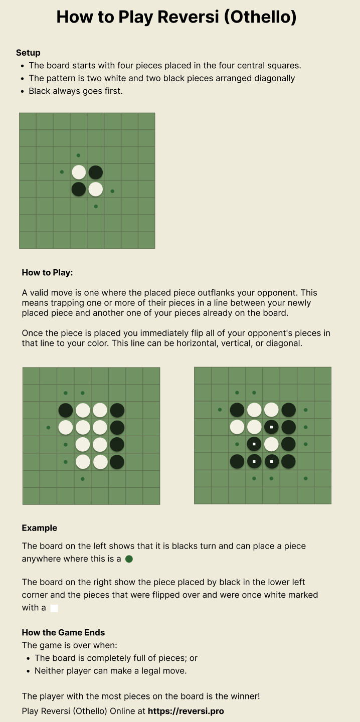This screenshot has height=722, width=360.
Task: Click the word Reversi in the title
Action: click(x=188, y=17)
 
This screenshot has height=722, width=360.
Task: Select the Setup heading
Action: click(x=28, y=53)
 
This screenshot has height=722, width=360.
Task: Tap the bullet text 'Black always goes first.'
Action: click(x=76, y=91)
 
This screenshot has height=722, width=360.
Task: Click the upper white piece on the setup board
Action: click(x=79, y=172)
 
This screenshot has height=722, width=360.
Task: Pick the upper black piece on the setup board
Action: click(x=96, y=172)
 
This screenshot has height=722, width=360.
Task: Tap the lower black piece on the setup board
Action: click(x=79, y=189)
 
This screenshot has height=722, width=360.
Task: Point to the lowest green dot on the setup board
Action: click(x=96, y=206)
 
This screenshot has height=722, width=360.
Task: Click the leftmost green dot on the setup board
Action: click(x=62, y=172)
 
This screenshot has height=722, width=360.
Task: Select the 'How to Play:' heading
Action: click(x=47, y=273)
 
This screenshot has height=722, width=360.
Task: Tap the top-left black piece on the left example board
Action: click(x=66, y=410)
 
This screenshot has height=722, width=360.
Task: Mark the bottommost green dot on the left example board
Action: click(x=83, y=479)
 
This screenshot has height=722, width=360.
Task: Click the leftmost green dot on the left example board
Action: click(x=48, y=428)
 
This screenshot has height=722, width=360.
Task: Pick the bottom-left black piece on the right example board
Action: click(x=237, y=461)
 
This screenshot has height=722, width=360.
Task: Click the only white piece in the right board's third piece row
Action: click(x=271, y=444)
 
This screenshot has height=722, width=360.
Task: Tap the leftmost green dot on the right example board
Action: click(x=220, y=410)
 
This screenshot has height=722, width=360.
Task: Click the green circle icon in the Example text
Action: click(x=129, y=559)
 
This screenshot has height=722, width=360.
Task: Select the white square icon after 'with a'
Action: click(x=54, y=608)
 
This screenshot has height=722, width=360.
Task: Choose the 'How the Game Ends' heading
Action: click(x=63, y=632)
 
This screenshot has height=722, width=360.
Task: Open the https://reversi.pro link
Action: click(x=186, y=711)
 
